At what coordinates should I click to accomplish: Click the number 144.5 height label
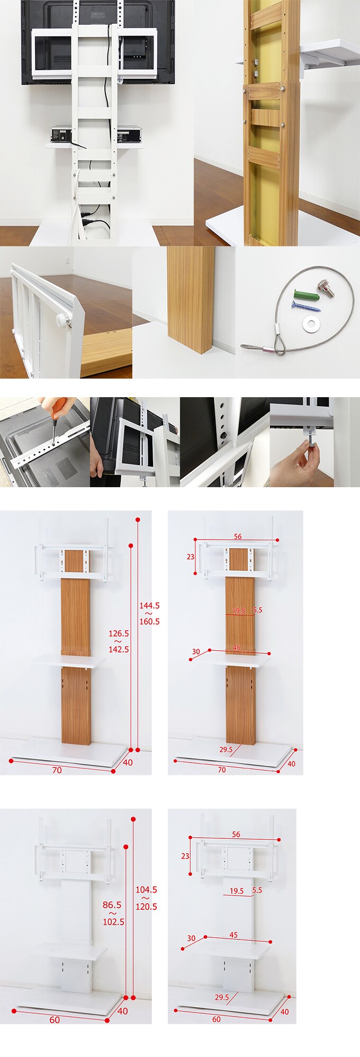click(149, 605)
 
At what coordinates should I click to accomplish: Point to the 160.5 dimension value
click(149, 621)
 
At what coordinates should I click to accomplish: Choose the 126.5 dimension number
click(119, 633)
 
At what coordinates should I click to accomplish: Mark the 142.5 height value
click(119, 649)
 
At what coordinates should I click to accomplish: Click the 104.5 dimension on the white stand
click(146, 890)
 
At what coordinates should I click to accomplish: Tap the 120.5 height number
click(146, 906)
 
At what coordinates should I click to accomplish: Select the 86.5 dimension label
click(112, 905)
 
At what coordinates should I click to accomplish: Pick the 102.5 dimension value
click(113, 921)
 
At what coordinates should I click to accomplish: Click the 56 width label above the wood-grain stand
click(238, 536)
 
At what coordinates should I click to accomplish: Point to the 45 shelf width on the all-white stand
click(233, 935)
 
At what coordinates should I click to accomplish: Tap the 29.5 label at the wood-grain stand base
click(226, 749)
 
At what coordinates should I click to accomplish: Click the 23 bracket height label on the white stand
click(185, 856)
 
